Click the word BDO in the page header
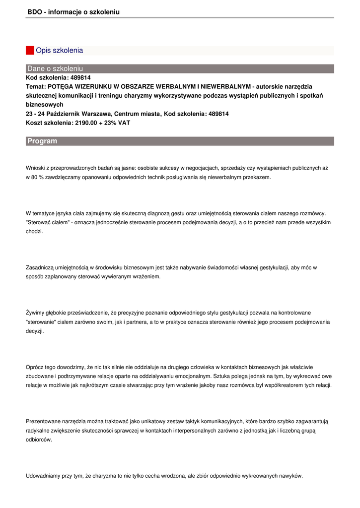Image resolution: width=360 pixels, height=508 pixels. pyautogui.click(x=34, y=12)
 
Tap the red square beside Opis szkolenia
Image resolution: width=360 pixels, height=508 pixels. pyautogui.click(x=30, y=51)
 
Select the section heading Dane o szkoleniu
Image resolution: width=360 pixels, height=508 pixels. pyautogui.click(x=55, y=68)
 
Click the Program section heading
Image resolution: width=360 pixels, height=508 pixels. pyautogui.click(x=42, y=141)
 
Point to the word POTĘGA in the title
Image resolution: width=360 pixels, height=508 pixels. pyautogui.click(x=62, y=87)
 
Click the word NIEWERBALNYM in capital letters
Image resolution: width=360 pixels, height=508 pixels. pyautogui.click(x=224, y=87)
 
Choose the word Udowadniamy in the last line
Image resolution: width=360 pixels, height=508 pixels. pyautogui.click(x=43, y=476)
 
